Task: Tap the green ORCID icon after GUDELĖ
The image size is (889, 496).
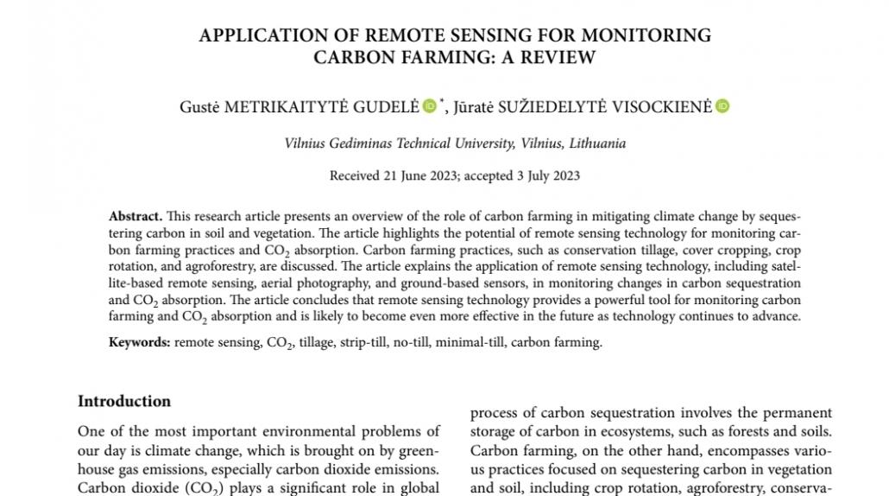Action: [x=429, y=106]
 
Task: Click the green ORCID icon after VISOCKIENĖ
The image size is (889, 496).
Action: [x=722, y=106]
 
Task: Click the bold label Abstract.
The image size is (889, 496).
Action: [x=136, y=216]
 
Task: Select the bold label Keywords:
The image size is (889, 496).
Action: [x=140, y=342]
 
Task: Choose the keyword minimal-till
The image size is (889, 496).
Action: [x=470, y=342]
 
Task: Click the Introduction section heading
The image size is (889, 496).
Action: [x=124, y=401]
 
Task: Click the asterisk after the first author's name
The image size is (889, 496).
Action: [x=442, y=102]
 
